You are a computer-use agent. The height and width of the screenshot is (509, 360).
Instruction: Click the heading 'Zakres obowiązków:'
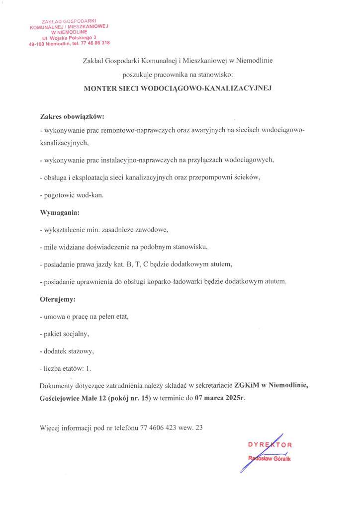click(72, 117)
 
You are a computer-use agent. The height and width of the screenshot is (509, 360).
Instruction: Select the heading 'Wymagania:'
click(59, 213)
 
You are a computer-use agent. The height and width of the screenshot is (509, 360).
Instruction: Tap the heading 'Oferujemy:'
click(58, 299)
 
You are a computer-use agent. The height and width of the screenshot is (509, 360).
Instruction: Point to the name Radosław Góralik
click(269, 458)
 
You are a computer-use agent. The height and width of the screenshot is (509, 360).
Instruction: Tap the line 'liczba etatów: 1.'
click(66, 368)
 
